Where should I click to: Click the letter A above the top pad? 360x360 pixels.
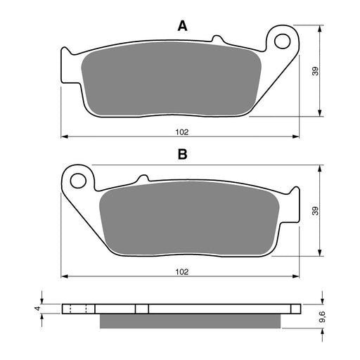(182, 26)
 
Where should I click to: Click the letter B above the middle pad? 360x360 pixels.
(181, 155)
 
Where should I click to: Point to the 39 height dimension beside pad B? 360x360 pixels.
(314, 211)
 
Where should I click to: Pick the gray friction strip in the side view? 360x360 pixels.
(191, 320)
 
